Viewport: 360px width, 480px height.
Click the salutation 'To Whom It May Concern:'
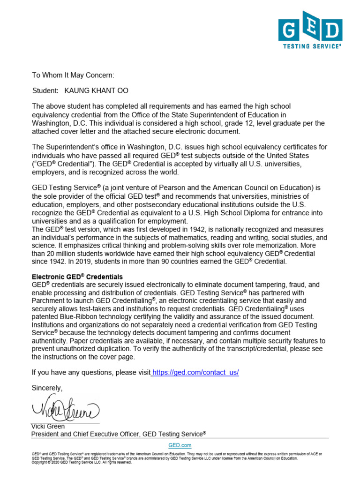coord(73,75)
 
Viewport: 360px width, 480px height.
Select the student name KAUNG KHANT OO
coord(96,90)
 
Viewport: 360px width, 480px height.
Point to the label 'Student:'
coord(45,90)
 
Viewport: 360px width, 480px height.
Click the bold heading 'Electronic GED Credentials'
coord(77,277)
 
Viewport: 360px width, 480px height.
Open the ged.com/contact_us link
coord(195,372)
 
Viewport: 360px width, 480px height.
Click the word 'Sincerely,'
coord(47,388)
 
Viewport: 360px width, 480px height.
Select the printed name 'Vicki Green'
coord(48,427)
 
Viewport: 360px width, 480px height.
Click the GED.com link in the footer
coord(180,445)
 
